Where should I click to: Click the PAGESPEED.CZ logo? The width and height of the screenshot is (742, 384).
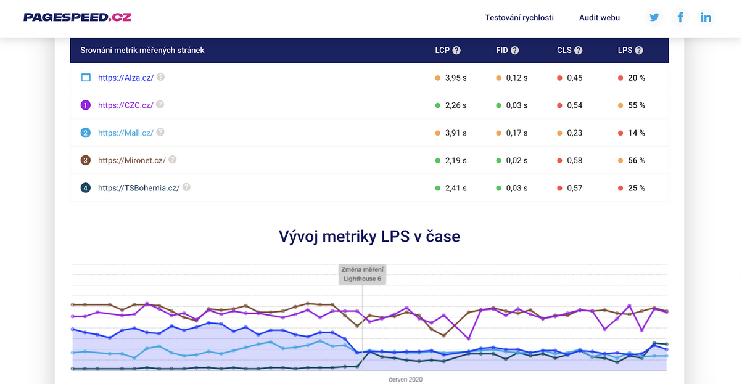(x=77, y=17)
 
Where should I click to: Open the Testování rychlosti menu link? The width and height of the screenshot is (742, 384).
(x=519, y=18)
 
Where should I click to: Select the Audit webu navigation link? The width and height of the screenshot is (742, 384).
(x=600, y=18)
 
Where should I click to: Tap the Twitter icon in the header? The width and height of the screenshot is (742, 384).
(x=654, y=17)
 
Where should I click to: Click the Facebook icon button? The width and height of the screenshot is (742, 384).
(x=680, y=17)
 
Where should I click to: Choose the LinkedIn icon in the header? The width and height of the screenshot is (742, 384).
(x=706, y=17)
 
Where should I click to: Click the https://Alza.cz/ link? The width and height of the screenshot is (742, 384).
(x=126, y=78)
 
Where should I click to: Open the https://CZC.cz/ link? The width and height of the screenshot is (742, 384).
(x=125, y=105)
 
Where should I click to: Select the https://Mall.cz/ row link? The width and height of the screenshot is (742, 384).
(x=126, y=133)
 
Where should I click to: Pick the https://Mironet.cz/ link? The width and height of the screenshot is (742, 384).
(x=131, y=160)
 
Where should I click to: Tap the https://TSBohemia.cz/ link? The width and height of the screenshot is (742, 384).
(x=139, y=188)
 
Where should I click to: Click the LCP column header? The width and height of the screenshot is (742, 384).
(x=442, y=51)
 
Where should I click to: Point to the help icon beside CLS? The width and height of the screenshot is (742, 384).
(x=579, y=51)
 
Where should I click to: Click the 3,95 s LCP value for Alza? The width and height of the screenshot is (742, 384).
(x=456, y=78)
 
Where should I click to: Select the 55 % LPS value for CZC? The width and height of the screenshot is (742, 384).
(x=637, y=105)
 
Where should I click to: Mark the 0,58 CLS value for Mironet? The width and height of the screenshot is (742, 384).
(x=575, y=160)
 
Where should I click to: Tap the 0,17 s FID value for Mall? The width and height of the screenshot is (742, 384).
(x=517, y=133)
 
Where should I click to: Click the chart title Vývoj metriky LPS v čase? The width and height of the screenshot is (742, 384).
(x=369, y=236)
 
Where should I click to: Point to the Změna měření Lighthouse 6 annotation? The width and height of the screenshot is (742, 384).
(x=362, y=274)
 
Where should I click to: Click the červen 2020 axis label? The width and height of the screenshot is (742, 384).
(x=405, y=379)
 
